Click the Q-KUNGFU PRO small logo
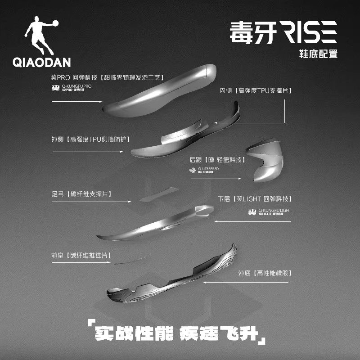[x=72, y=87]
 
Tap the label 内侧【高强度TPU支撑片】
[x=255, y=91]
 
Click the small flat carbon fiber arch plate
[x=160, y=195]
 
